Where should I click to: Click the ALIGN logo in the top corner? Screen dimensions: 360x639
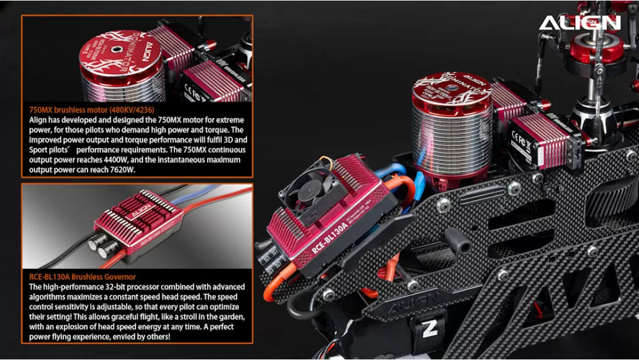(579, 22)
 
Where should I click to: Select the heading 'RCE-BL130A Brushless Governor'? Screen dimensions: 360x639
(82, 277)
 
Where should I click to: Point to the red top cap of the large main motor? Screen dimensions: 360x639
(452, 89)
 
